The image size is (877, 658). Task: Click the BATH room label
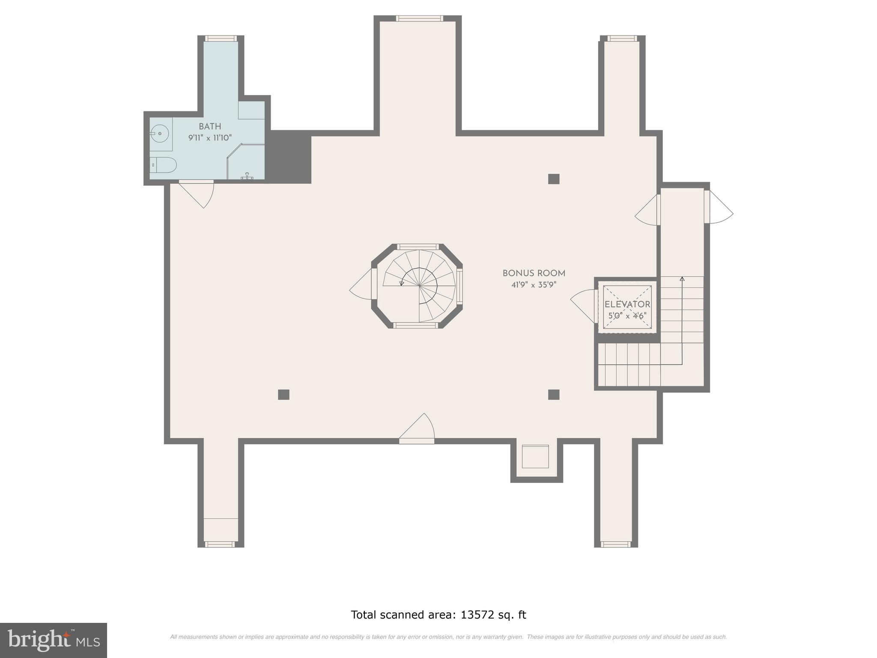click(210, 126)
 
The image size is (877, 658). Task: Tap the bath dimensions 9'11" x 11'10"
click(210, 138)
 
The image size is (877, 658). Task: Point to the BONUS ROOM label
click(534, 273)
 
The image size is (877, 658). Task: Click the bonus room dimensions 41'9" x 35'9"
click(534, 285)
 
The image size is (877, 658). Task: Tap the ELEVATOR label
click(627, 305)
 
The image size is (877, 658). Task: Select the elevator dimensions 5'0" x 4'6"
click(627, 316)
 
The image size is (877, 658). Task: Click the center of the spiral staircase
click(419, 286)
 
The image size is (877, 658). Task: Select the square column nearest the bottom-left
click(283, 395)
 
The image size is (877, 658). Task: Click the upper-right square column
click(554, 179)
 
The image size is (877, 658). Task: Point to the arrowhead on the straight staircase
click(682, 279)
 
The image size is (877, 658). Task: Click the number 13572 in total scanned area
click(477, 615)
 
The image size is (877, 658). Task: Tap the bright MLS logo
click(54, 640)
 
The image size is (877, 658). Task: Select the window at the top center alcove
click(419, 18)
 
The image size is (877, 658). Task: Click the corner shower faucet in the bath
click(248, 176)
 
